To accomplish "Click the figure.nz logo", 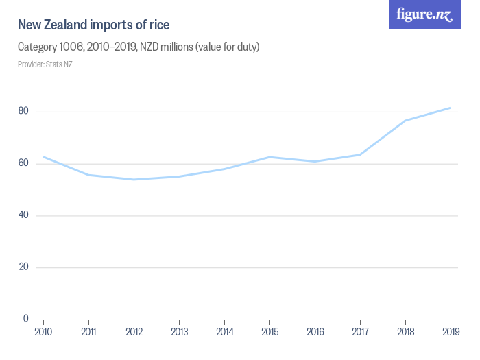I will point(424,14).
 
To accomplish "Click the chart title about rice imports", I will point(94,25).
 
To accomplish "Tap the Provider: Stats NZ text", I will point(45,64).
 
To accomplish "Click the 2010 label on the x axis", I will point(43,332).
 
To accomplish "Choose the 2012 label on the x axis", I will point(134,332).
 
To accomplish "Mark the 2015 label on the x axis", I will point(269,332).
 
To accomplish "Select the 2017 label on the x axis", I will point(360,332).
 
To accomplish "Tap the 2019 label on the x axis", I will point(450,332).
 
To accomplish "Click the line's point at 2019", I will point(450,108).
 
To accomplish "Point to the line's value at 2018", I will point(405,121).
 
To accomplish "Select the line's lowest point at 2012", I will point(134,180).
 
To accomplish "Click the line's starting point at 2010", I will point(44,157).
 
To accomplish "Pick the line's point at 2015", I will point(269,157).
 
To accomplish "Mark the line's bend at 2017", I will point(360,154).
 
